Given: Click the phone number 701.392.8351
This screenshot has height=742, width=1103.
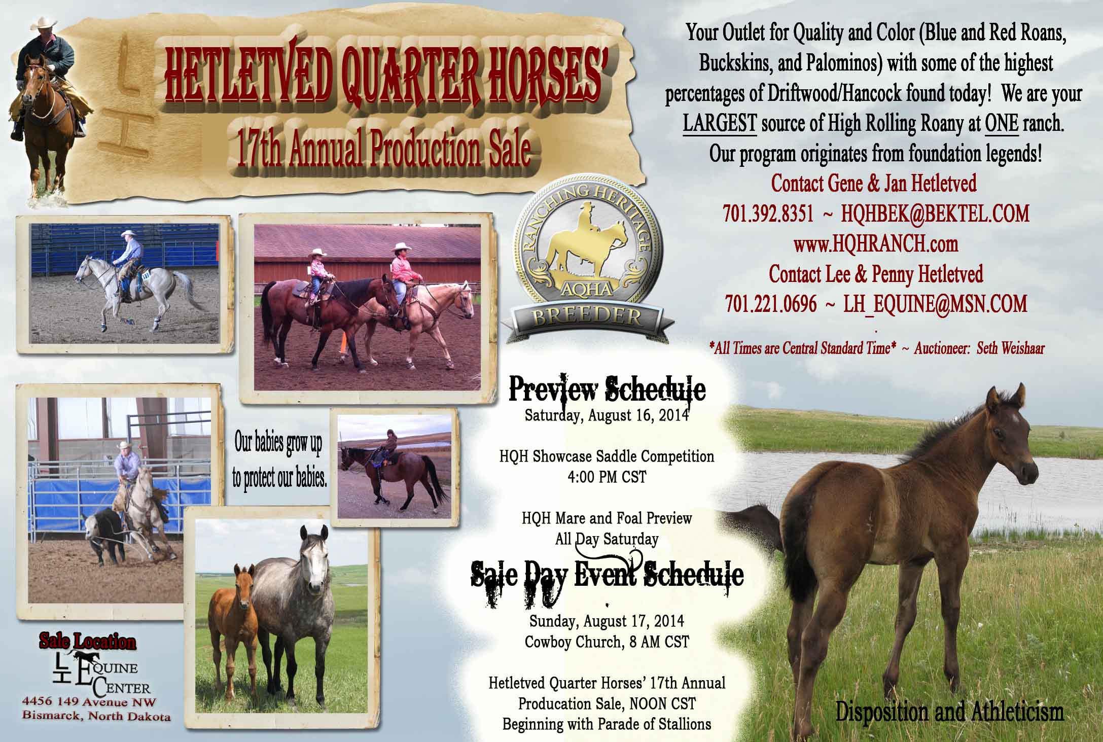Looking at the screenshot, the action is coord(768,214).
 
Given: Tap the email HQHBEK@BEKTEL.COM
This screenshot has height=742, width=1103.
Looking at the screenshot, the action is coord(936,214).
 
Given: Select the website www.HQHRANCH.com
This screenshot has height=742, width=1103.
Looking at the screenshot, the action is coord(876,244).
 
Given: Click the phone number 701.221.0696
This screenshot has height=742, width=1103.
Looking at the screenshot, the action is coord(771,304).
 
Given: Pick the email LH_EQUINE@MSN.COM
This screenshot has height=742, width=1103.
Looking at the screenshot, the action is coord(935,304).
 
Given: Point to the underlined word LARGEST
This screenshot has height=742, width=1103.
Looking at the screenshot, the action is coord(720,125).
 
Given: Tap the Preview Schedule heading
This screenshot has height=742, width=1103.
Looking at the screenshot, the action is coord(607,390).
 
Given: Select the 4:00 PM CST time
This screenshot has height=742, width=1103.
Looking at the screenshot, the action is coord(607,477).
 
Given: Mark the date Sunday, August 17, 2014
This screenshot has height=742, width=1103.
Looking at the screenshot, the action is coord(607,621).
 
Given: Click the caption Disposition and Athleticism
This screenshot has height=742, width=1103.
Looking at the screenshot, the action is coord(949,712).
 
